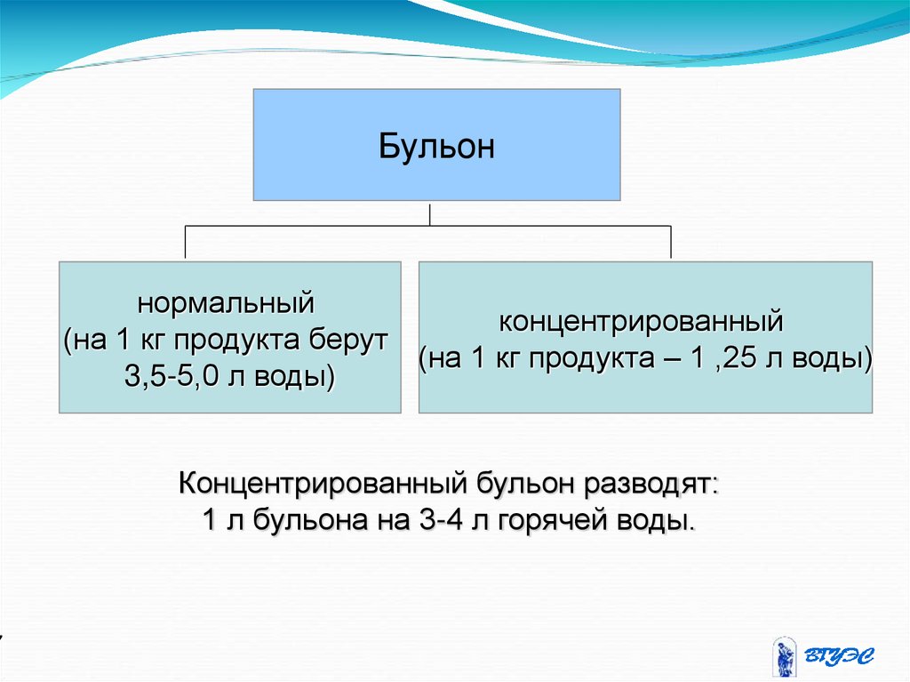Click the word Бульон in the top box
point(436,146)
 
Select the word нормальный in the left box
point(226,304)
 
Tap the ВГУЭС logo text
point(840,656)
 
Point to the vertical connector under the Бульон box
point(430,213)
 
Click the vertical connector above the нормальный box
point(185,243)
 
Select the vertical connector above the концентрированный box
point(671,243)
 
